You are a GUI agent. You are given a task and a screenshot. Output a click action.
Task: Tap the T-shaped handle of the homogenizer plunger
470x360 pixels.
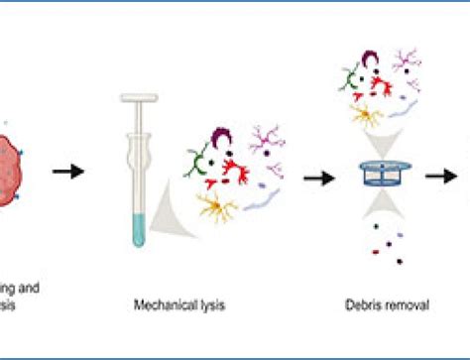pos(140,98)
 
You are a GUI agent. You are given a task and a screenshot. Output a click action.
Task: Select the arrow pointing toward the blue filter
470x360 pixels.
pos(317,178)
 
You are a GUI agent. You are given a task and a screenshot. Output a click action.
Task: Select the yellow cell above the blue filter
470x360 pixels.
pos(369,115)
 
